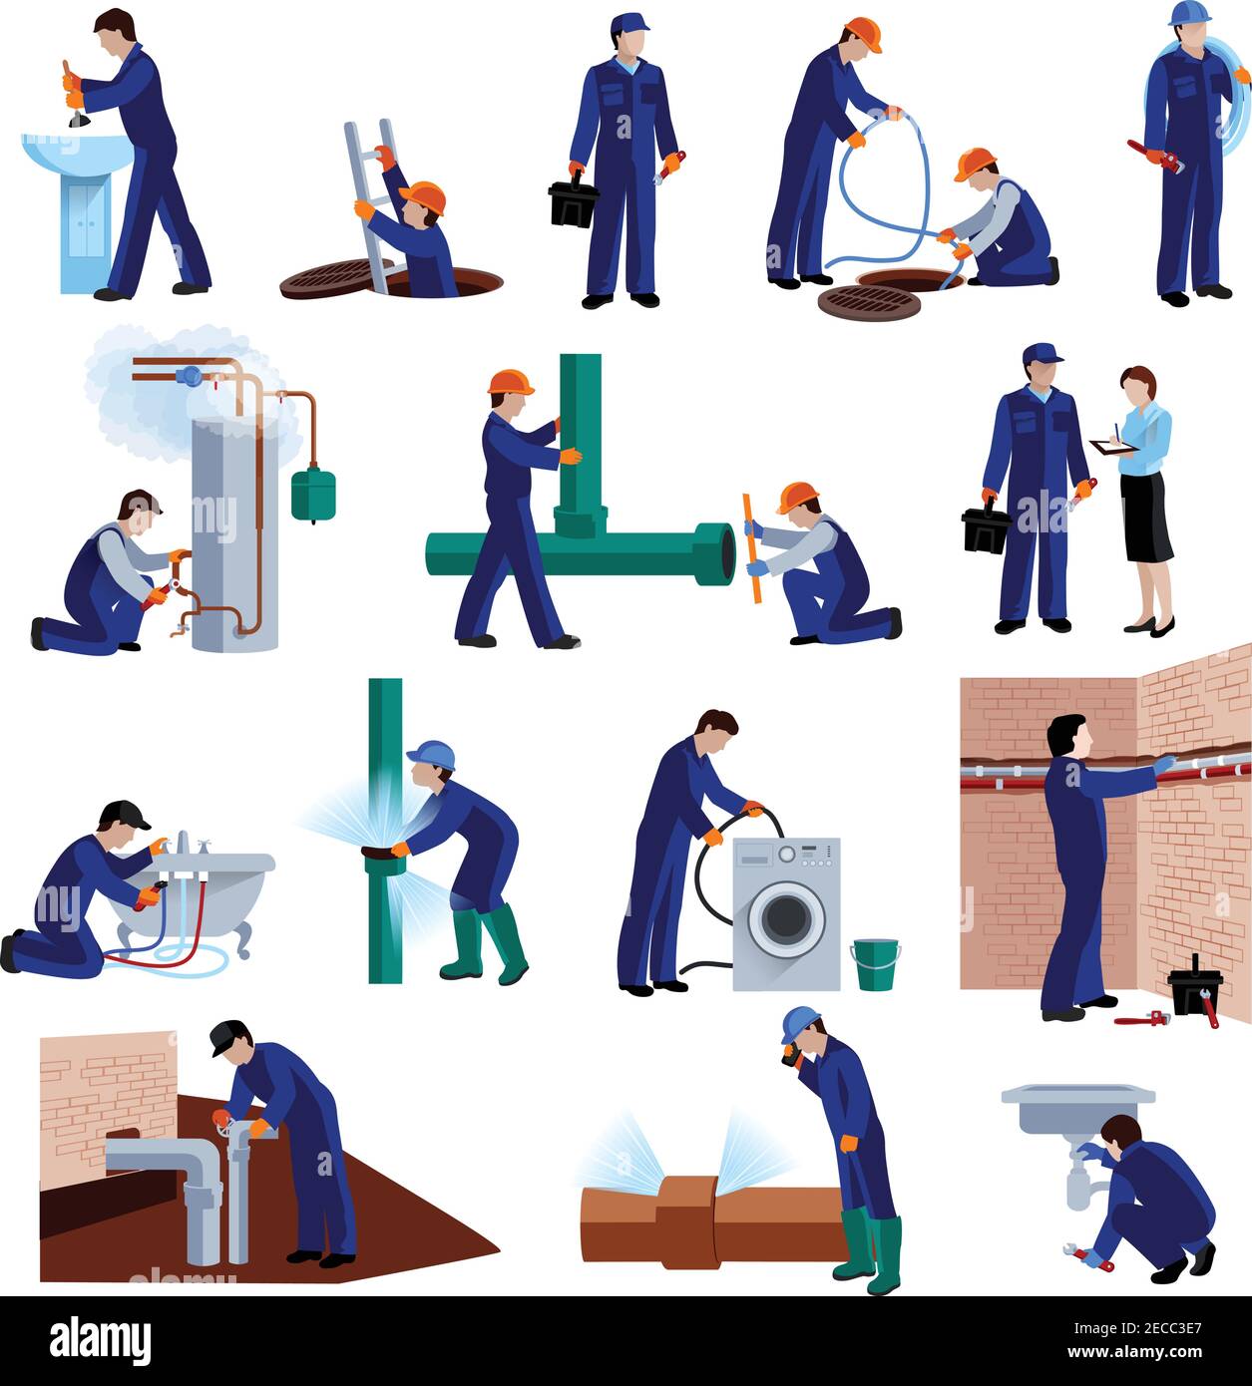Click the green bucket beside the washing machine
point(876,965)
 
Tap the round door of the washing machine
point(787,917)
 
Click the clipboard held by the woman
point(1110,448)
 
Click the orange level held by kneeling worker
point(751,546)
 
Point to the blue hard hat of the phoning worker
point(798,1021)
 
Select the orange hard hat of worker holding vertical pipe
point(510,382)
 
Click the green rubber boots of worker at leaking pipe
point(487,942)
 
